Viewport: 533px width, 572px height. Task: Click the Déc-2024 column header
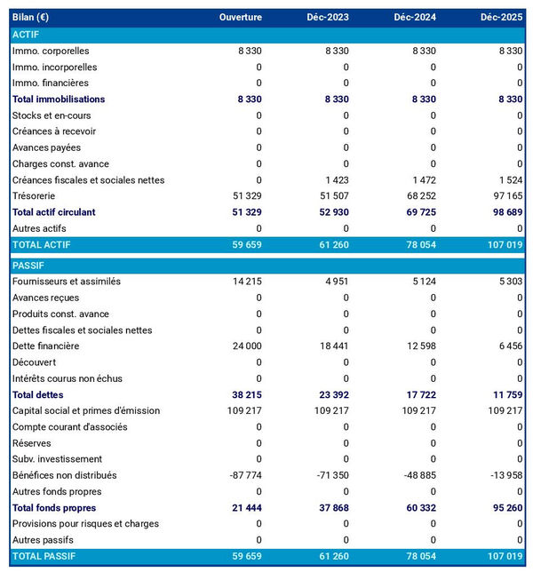pos(415,17)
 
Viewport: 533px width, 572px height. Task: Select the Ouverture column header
pos(241,17)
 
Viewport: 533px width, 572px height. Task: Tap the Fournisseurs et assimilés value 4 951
pos(334,282)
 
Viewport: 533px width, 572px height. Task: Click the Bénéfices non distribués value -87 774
pos(243,475)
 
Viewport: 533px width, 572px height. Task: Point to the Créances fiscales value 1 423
pos(336,180)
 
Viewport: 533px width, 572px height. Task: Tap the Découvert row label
pos(34,362)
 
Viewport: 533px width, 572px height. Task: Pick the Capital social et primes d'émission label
pos(86,410)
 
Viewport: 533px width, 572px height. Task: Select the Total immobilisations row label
pos(59,99)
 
